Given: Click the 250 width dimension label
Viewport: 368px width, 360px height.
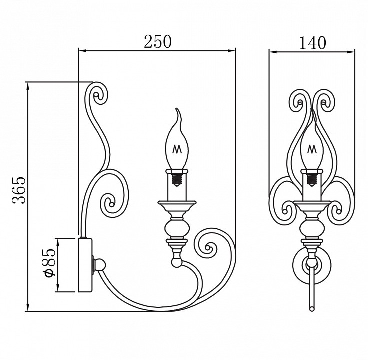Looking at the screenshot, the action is click(x=158, y=41).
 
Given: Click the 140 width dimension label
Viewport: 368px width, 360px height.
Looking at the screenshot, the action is click(x=312, y=42).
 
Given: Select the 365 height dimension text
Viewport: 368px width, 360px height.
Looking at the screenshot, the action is click(x=19, y=190).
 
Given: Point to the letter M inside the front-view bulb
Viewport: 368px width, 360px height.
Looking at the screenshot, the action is click(x=312, y=148).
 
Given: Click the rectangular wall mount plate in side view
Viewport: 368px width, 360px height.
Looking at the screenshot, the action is click(x=85, y=265).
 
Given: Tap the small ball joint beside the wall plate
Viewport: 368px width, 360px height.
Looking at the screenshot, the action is click(x=100, y=264).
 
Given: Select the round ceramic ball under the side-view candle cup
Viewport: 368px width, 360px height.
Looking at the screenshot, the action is click(x=177, y=229).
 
